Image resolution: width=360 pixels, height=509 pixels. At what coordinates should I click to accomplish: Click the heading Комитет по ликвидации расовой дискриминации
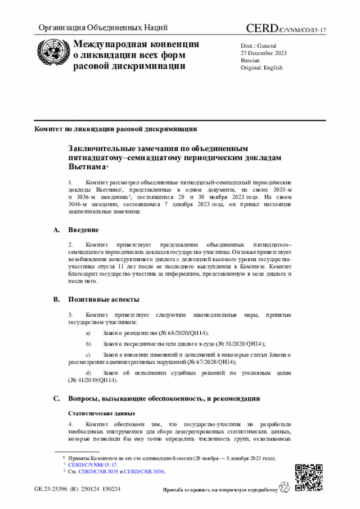116,128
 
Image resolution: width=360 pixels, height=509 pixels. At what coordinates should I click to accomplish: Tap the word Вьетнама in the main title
87,167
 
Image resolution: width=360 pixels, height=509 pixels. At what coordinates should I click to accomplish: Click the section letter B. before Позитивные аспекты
56,299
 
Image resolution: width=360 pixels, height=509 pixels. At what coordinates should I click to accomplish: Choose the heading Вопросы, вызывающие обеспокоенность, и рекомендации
164,398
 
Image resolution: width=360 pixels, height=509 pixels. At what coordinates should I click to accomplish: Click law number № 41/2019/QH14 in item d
92,380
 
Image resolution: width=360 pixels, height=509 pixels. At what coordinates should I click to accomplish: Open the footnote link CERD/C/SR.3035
98,471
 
